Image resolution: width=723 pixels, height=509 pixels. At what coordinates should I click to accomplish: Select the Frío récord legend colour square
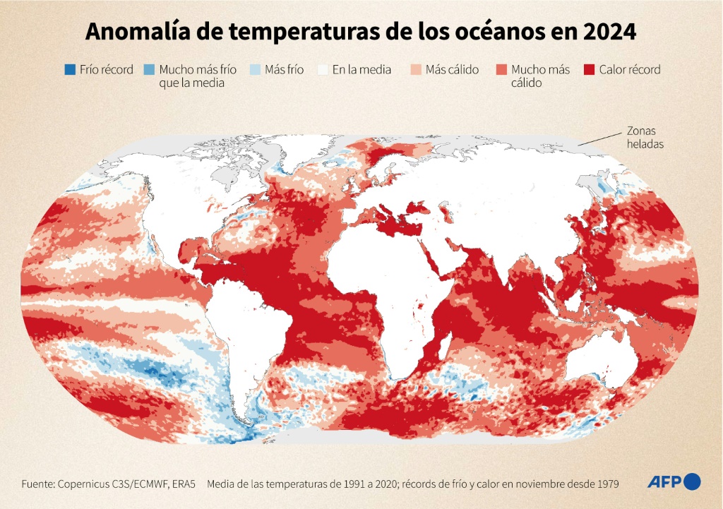69,70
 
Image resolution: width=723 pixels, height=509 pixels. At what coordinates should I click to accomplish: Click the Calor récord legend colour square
589,70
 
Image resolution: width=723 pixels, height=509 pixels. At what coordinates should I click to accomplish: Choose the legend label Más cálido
452,70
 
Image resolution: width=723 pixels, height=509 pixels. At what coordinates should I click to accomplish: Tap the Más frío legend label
284,70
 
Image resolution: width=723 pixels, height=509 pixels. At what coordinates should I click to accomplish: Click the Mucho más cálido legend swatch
501,70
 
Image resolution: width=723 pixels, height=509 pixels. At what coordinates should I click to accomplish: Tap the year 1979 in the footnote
606,484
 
